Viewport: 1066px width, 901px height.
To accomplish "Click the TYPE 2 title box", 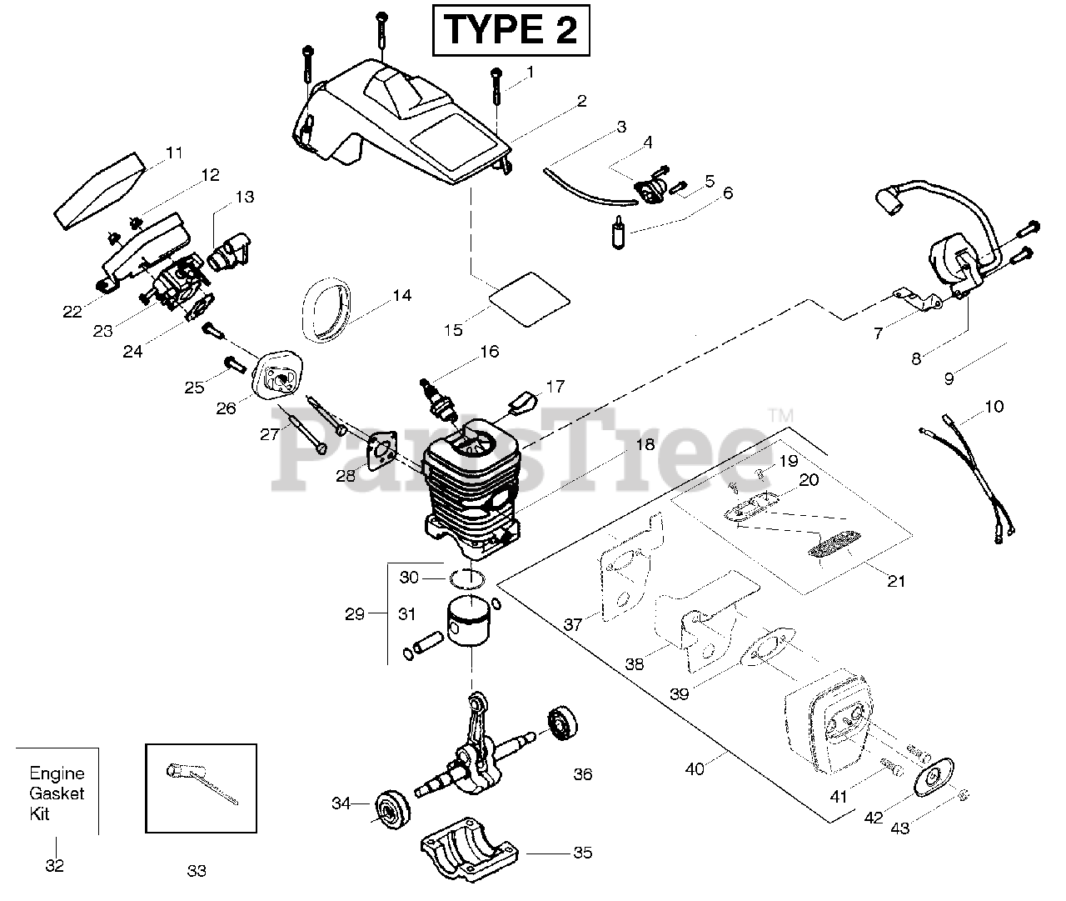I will (x=510, y=31).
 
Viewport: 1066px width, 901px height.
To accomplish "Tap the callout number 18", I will (x=645, y=444).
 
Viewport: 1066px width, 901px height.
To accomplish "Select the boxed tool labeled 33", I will (x=201, y=788).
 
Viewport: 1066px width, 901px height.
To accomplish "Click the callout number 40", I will (x=694, y=768).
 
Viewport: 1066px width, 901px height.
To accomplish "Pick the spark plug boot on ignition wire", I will (x=885, y=201).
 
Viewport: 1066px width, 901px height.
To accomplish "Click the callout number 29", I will (x=355, y=614).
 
